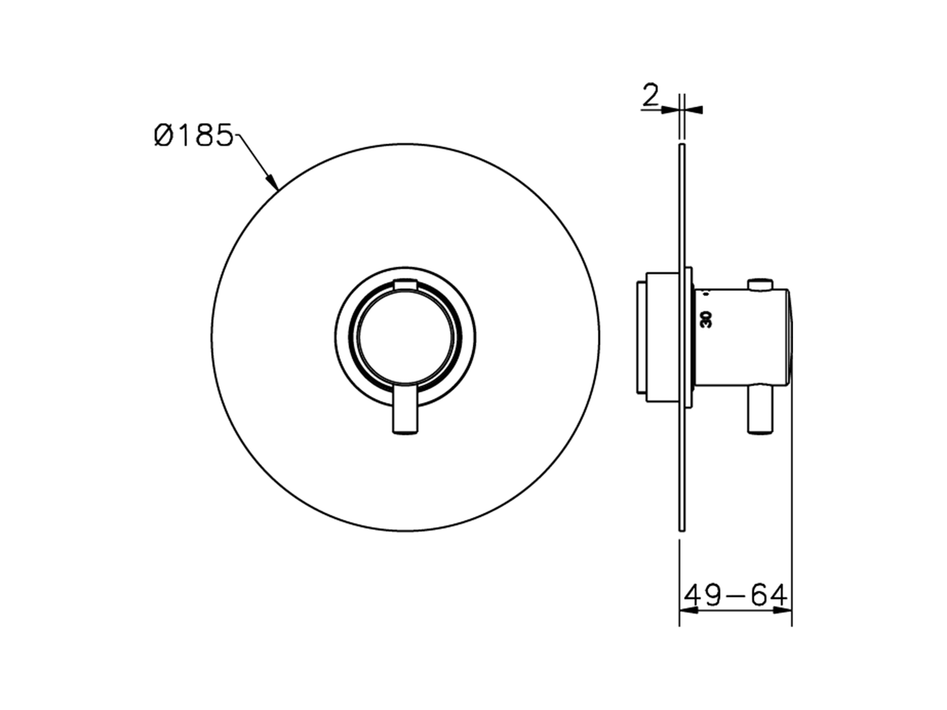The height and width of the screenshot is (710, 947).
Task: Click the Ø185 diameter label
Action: (194, 135)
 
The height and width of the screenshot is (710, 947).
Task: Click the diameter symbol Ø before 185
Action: (164, 135)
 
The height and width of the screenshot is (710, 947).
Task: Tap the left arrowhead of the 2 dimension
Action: (669, 109)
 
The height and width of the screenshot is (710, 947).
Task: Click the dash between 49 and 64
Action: (734, 595)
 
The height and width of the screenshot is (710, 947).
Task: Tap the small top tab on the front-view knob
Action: (406, 284)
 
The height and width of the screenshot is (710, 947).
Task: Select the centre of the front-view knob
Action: (405, 337)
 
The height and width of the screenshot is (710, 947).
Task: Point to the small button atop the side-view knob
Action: (760, 284)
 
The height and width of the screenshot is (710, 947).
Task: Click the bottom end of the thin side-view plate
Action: (681, 527)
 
